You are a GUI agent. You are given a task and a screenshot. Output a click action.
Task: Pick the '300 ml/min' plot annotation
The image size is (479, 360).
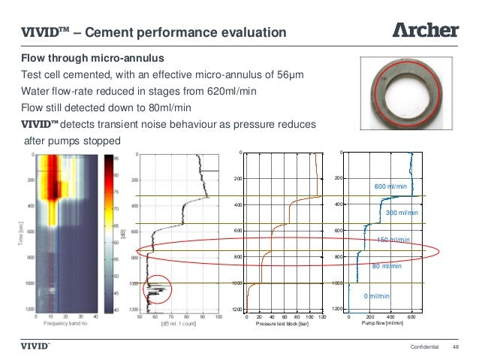[401, 213]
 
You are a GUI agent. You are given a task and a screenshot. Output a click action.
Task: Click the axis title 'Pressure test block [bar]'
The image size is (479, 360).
[283, 324]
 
